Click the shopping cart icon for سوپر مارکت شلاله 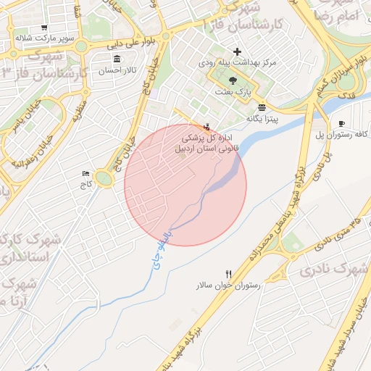pyautogui.click(x=44, y=28)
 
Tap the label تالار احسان pyautogui.click(x=117, y=71)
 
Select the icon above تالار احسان pyautogui.click(x=117, y=58)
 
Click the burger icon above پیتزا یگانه pyautogui.click(x=261, y=107)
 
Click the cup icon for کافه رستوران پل pyautogui.click(x=341, y=123)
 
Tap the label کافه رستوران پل pyautogui.click(x=342, y=135)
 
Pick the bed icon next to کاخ pyautogui.click(x=87, y=173)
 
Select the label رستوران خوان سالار pyautogui.click(x=227, y=286)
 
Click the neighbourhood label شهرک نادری pyautogui.click(x=333, y=270)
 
